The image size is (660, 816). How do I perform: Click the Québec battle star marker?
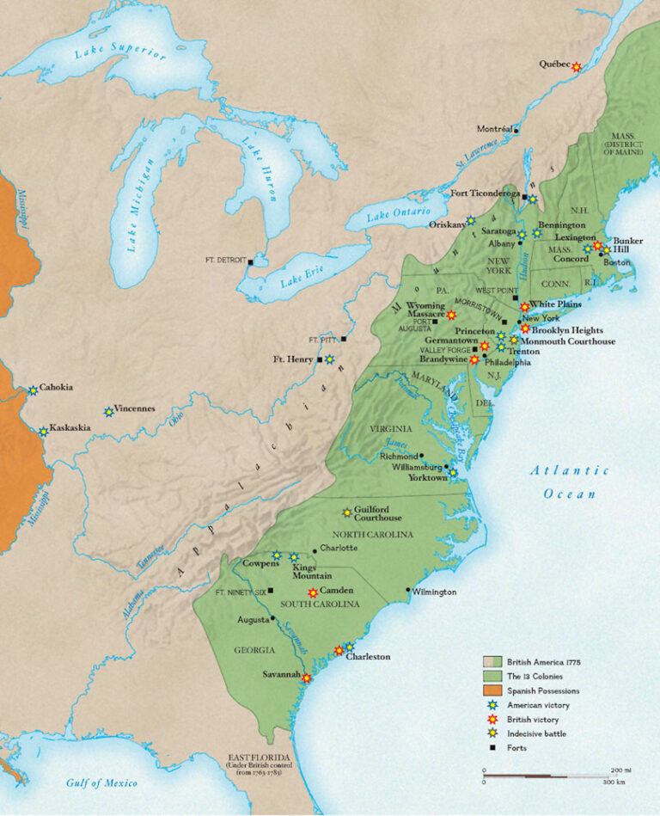coord(577,67)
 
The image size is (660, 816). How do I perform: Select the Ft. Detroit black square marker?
coord(250,261)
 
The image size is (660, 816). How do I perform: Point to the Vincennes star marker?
coord(109,412)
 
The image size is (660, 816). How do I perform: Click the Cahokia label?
coord(56,387)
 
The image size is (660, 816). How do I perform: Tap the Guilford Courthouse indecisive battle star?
coord(347,512)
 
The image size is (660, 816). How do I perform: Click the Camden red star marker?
coord(313,592)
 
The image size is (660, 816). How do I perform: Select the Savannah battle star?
coord(307,678)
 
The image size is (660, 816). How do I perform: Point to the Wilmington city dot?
coord(408,590)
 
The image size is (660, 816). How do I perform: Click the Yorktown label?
coord(429,478)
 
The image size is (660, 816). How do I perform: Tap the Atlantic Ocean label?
coord(569,482)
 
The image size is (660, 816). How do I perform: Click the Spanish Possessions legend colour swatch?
coord(492,690)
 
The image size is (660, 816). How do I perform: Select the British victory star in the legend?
coord(492,720)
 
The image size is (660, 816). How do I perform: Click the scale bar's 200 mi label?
coord(620,770)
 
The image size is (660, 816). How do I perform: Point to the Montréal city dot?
coord(516,131)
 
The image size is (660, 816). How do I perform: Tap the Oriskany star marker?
coord(470,221)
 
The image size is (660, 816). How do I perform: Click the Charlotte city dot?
coord(315,549)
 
